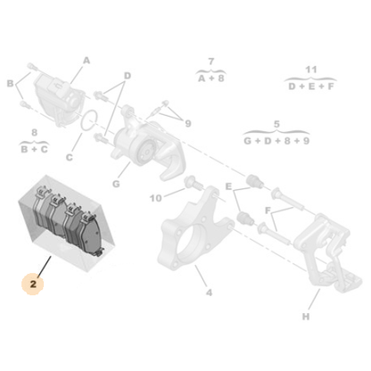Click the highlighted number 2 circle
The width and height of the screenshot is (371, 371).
tap(34, 284)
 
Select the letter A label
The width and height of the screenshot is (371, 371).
tap(87, 60)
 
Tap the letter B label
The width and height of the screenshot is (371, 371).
tap(11, 85)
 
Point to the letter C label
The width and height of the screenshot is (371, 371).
tap(69, 159)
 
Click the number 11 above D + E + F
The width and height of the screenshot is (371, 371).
tap(310, 69)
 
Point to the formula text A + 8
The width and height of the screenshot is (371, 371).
tap(210, 78)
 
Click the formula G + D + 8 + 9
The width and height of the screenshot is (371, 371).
tap(277, 141)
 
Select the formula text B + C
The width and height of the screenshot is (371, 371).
tap(34, 149)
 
